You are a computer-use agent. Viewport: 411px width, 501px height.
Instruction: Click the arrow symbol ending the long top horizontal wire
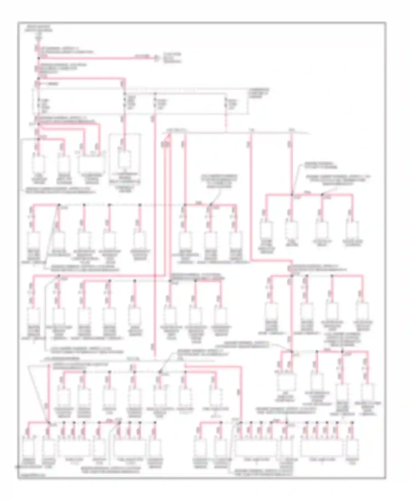pos(156,58)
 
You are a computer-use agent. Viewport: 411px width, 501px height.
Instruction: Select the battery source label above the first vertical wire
pos(38,29)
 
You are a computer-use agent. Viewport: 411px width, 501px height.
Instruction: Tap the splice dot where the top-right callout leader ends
pos(292,195)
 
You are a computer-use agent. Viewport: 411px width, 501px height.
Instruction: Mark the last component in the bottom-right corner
pos(353,449)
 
